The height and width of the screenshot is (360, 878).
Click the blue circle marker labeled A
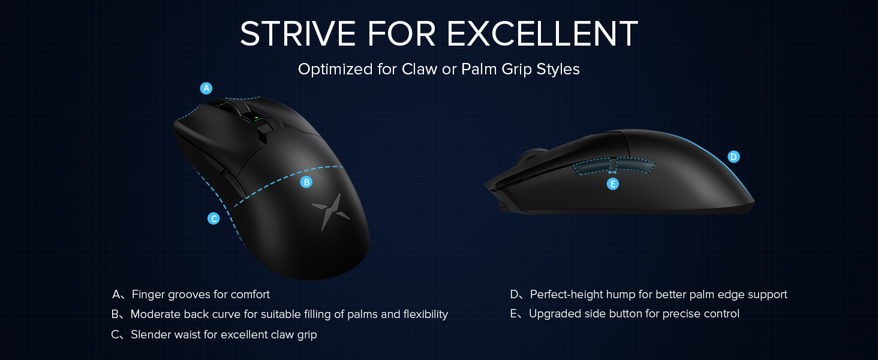pos(206,88)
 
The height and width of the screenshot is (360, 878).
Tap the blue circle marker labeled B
pos(306,182)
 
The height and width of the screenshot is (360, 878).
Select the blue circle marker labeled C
pos(214,218)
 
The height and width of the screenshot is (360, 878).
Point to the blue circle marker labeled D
pos(733,157)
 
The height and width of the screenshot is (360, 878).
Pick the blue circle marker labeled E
pos(612,184)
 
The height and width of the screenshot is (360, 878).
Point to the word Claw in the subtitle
pos(420,70)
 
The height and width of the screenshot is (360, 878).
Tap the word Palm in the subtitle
pos(476,70)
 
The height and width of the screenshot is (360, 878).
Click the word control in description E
pos(720,314)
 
